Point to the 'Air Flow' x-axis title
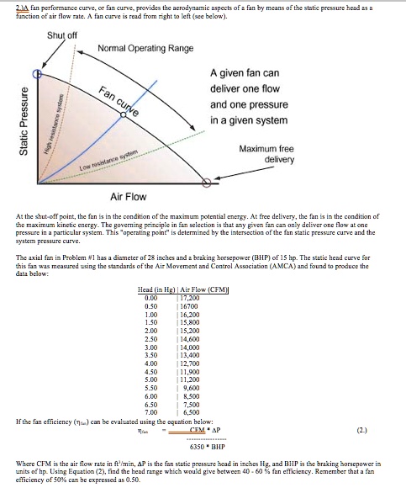click(128, 196)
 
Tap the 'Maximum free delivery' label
click(266, 154)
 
